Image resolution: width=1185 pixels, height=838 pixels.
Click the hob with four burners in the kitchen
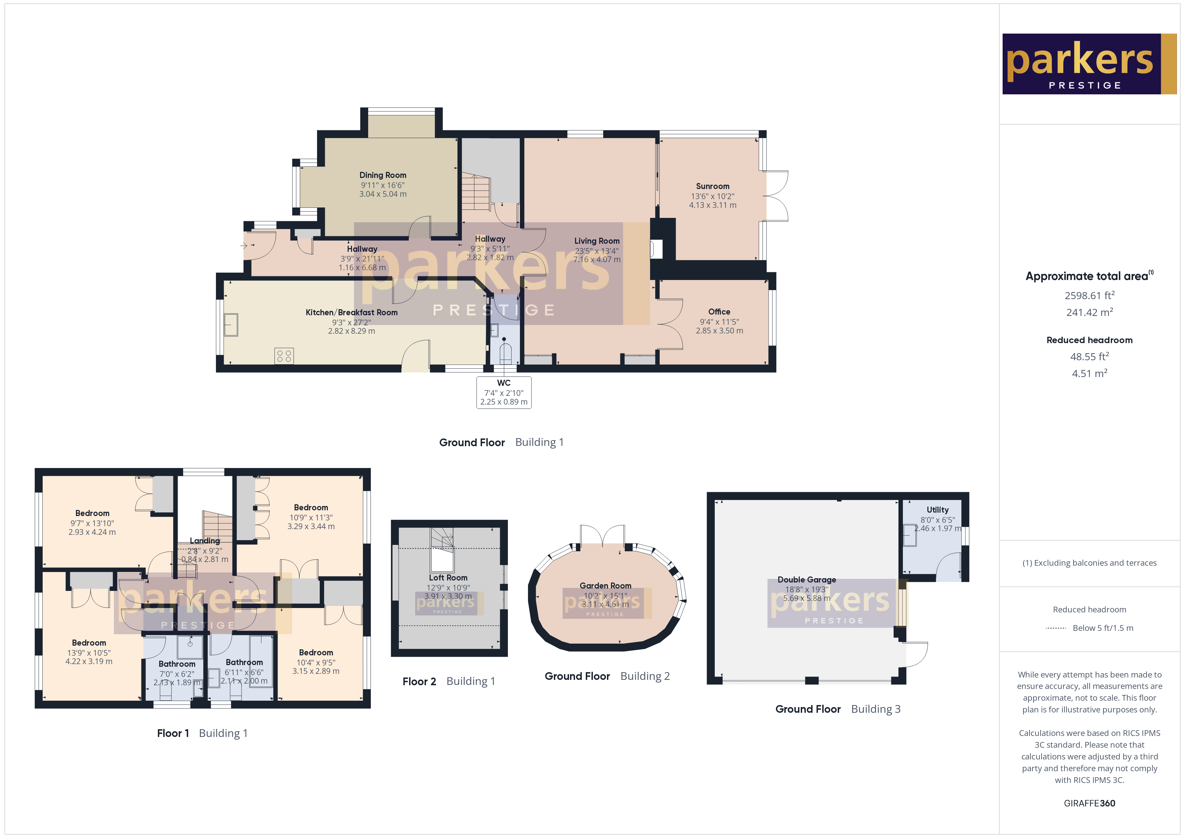pyautogui.click(x=284, y=356)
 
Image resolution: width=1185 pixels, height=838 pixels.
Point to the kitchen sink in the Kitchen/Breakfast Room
pyautogui.click(x=231, y=325)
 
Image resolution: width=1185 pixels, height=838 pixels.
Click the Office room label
pyautogui.click(x=719, y=312)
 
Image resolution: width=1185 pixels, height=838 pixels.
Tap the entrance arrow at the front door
pyautogui.click(x=244, y=246)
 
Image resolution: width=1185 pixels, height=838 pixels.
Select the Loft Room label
pyautogui.click(x=448, y=578)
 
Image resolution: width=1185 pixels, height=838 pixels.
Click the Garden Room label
pyautogui.click(x=605, y=586)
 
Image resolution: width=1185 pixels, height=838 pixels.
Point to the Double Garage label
pyautogui.click(x=807, y=579)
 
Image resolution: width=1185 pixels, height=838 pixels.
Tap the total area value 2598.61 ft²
pyautogui.click(x=1089, y=296)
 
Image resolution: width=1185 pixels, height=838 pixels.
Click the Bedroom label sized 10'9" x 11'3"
pyautogui.click(x=311, y=508)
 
